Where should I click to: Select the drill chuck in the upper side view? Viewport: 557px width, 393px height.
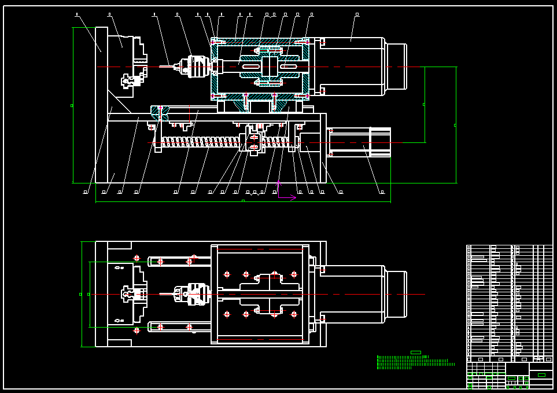[197, 66]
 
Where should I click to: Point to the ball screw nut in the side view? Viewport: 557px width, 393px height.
[254, 142]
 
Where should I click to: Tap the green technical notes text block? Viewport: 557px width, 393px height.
[414, 362]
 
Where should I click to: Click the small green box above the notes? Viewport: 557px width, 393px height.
[415, 352]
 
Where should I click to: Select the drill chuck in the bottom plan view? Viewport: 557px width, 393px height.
[197, 294]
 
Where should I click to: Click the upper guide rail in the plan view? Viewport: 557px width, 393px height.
[174, 261]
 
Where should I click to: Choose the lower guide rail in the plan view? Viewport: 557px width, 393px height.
[174, 327]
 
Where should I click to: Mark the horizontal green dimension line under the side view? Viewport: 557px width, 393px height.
[243, 202]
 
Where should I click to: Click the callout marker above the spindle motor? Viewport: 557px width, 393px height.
[357, 14]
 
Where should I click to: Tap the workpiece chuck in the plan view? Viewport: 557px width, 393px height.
[134, 294]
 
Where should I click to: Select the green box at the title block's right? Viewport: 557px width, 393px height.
[541, 375]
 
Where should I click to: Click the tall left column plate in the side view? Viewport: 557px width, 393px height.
[101, 104]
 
